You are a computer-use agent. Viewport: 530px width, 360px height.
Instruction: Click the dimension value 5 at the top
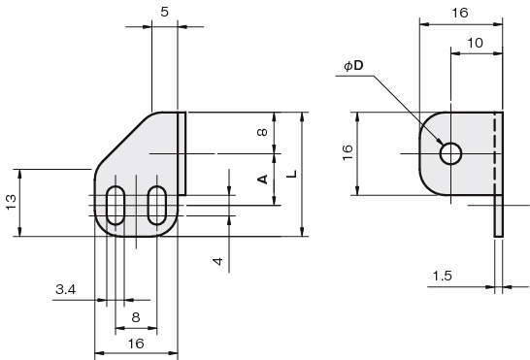164,13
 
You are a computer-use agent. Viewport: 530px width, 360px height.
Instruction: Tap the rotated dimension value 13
11,202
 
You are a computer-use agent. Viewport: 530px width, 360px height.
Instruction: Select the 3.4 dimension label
66,290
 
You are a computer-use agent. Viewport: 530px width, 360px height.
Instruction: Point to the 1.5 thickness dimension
443,277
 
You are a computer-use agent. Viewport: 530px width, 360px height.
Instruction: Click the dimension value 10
475,43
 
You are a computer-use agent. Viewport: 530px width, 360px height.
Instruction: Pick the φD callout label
353,65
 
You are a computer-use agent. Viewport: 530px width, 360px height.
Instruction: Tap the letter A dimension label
263,180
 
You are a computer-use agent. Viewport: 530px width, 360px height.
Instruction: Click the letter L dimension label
292,174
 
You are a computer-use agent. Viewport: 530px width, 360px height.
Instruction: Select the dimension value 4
218,261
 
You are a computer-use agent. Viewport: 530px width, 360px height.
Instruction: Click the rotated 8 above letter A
262,132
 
